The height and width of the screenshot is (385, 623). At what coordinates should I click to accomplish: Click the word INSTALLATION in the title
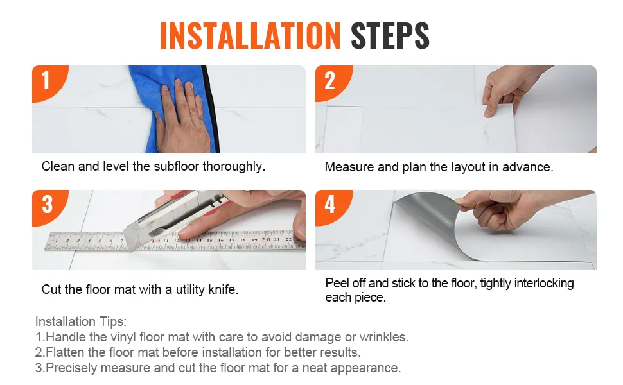click(250, 36)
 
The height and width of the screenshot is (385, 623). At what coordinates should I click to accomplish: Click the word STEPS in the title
click(390, 36)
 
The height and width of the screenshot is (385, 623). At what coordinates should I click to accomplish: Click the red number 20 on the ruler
click(266, 239)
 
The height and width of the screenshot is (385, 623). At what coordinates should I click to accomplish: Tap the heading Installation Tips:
click(81, 321)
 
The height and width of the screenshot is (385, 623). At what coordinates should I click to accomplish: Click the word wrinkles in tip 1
click(384, 337)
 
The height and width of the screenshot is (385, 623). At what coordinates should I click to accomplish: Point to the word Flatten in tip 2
click(65, 352)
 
